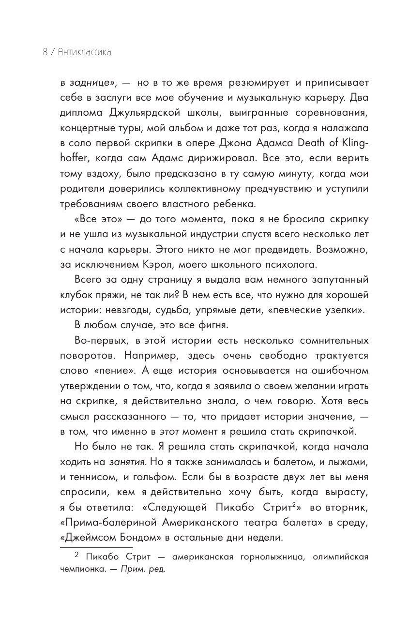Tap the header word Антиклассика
pyautogui.click(x=84, y=52)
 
